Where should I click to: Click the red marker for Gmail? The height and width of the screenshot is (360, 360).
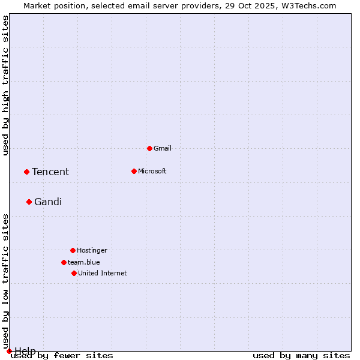(x=149, y=148)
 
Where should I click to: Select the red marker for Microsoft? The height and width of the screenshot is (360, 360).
(x=134, y=171)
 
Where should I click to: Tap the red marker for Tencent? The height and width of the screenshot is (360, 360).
(x=26, y=172)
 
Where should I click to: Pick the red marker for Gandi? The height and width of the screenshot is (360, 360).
(x=29, y=202)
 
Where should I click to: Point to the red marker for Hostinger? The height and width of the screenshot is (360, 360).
(x=73, y=250)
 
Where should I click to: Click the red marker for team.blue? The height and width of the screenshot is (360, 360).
(x=64, y=262)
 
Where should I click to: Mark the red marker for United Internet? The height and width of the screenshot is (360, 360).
(x=74, y=273)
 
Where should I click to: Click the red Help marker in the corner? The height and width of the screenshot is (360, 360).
(x=9, y=351)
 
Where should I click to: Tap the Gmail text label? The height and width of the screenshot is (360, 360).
(x=163, y=148)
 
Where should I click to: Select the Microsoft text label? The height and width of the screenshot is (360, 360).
(x=152, y=171)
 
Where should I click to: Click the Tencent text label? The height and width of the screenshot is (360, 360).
(x=50, y=172)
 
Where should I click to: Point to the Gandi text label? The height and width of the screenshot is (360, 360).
(x=48, y=202)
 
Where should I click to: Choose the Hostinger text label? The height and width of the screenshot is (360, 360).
(x=92, y=250)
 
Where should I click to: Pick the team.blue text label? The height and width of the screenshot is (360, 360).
(x=84, y=262)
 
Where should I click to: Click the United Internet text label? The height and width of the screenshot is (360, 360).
(x=103, y=273)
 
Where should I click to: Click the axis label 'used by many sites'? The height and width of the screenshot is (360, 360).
(x=301, y=356)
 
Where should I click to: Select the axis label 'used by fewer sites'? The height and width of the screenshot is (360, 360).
(x=63, y=356)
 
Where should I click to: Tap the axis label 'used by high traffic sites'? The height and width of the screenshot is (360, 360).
(x=6, y=85)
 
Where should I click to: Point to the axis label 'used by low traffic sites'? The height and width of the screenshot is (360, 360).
(x=6, y=281)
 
